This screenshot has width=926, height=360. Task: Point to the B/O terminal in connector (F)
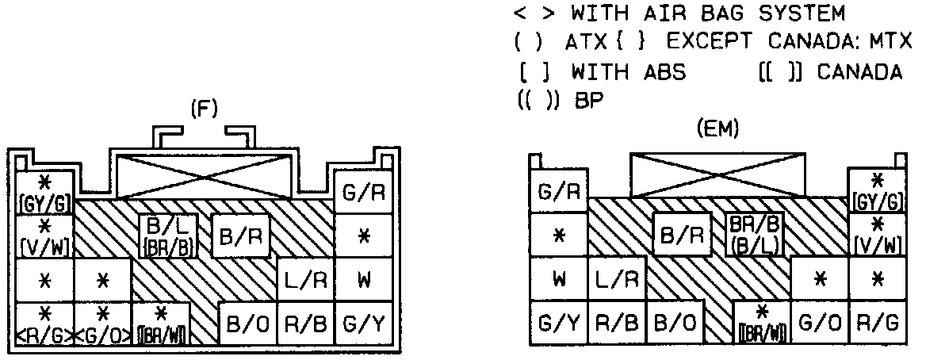245,324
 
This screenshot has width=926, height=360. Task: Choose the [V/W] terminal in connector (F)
44,236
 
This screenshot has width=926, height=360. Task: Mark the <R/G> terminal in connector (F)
44,324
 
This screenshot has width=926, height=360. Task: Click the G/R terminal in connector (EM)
558,191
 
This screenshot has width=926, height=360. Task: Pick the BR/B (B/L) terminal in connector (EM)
754,236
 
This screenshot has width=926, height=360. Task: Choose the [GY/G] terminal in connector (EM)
878,191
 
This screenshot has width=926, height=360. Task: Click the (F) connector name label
205,108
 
